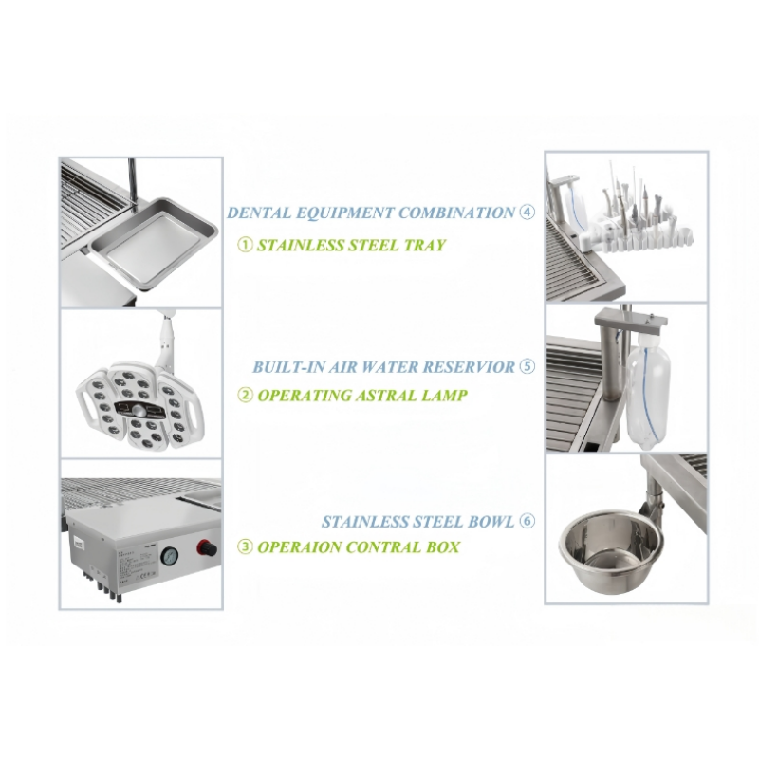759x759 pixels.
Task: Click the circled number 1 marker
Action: pos(246,245)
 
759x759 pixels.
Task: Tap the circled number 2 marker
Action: pos(246,395)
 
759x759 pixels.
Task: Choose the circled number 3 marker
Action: pos(246,547)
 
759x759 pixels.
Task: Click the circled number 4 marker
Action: pos(528,212)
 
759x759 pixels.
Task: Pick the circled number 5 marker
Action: pos(528,366)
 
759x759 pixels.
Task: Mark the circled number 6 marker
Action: pos(528,521)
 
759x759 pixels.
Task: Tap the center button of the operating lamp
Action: pos(139,412)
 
